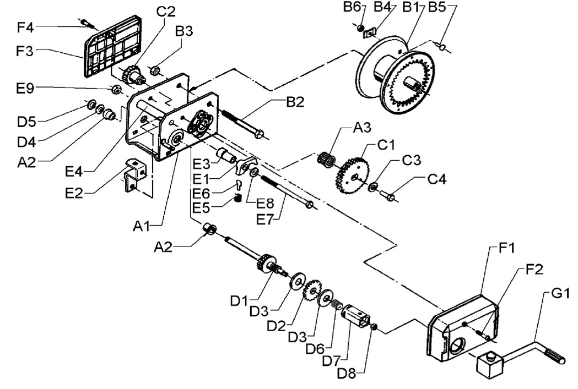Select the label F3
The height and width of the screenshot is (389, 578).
click(25, 51)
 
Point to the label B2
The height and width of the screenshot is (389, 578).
click(295, 102)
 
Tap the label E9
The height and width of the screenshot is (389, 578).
click(25, 89)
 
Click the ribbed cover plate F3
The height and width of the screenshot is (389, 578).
click(112, 46)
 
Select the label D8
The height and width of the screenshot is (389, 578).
click(347, 373)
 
